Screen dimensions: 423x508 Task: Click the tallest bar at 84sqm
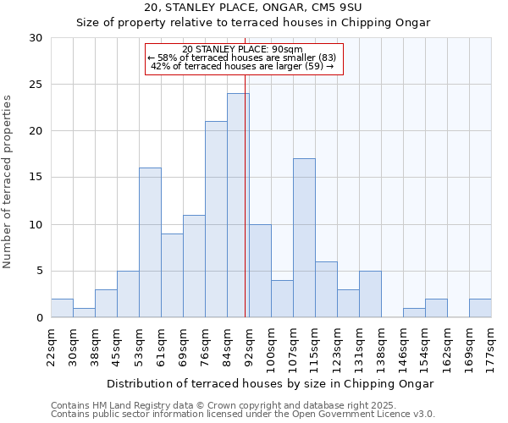click(x=238, y=206)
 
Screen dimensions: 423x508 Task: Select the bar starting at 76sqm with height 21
click(x=216, y=219)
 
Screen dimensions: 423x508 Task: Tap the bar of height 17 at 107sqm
click(x=304, y=238)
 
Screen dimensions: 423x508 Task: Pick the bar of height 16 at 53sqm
click(x=150, y=243)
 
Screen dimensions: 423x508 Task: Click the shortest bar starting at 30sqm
click(x=84, y=313)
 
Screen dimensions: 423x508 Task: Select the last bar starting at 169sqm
click(x=480, y=309)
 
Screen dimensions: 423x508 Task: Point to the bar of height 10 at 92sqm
click(x=260, y=271)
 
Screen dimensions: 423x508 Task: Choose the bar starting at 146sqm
click(x=414, y=313)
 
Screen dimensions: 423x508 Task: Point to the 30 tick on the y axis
click(x=36, y=38)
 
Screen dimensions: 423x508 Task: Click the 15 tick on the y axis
click(x=36, y=178)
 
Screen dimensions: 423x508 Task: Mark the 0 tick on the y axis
click(x=40, y=318)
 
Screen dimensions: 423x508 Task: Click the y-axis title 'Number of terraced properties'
click(x=8, y=181)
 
